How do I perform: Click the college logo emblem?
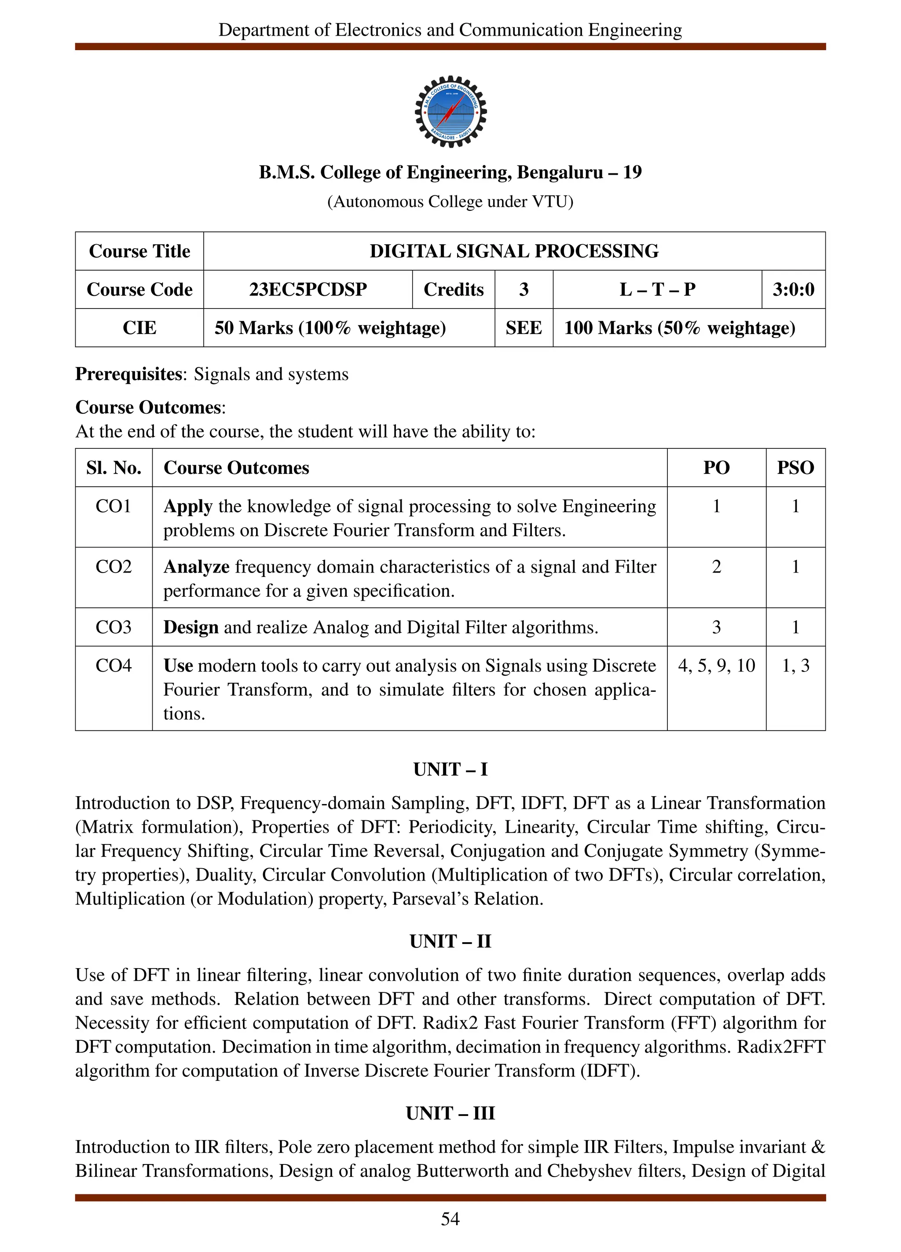pos(450,111)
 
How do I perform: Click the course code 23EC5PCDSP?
pos(308,289)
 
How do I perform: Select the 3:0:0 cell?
pos(793,289)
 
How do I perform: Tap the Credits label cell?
pos(454,289)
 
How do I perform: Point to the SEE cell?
pos(524,328)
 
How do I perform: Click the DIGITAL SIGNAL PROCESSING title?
pos(514,251)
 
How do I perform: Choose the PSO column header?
pos(795,467)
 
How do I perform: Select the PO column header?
pos(716,467)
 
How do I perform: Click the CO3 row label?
pos(114,627)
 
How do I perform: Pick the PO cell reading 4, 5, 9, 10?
pos(716,666)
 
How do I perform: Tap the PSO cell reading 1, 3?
pos(795,666)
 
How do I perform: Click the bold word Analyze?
pos(196,567)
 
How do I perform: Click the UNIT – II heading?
pos(450,941)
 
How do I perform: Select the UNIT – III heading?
pos(450,1113)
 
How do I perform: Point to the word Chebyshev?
pos(589,1171)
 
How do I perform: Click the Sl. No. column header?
pos(114,467)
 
